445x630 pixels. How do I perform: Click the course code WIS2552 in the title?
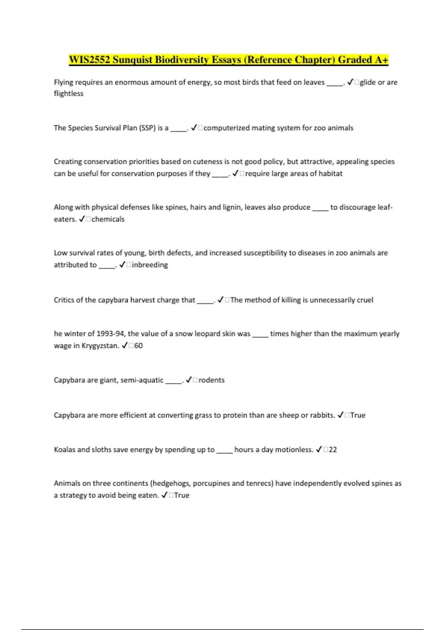(x=89, y=60)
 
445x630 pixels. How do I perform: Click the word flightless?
(x=69, y=93)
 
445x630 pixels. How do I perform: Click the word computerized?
(x=227, y=128)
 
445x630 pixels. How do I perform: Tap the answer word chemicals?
(x=108, y=219)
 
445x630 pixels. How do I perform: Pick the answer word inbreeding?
(x=150, y=265)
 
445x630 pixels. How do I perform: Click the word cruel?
(x=365, y=300)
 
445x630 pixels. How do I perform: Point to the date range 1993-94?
(x=110, y=334)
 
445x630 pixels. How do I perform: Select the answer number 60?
(x=138, y=345)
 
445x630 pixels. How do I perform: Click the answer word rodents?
(x=211, y=380)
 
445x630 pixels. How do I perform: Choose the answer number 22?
(x=333, y=450)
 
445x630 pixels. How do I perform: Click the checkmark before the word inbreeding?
(x=122, y=265)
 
